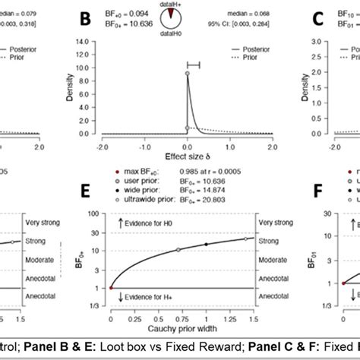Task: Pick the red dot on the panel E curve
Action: click(112, 288)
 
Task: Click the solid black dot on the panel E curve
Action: click(206, 244)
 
